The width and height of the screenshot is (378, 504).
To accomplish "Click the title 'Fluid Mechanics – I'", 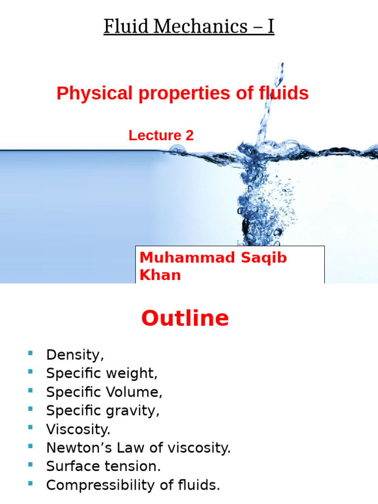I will pyautogui.click(x=189, y=27).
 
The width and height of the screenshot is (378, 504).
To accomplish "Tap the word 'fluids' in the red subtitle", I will pyautogui.click(x=285, y=93).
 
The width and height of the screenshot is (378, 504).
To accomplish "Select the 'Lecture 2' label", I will pyautogui.click(x=161, y=136).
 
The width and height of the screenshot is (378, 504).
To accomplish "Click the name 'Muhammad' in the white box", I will pyautogui.click(x=179, y=257).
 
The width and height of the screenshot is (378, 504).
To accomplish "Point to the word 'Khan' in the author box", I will pyautogui.click(x=160, y=275).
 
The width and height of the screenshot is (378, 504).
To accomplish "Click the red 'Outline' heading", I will pyautogui.click(x=185, y=318).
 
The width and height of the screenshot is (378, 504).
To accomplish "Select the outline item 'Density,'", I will pyautogui.click(x=75, y=355).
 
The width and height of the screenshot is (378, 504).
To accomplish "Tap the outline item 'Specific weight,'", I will pyautogui.click(x=102, y=374).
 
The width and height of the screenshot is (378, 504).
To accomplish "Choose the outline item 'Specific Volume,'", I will pyautogui.click(x=104, y=392).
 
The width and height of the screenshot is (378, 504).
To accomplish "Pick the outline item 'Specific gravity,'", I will pyautogui.click(x=103, y=411).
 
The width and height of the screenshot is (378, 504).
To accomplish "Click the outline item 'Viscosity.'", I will pyautogui.click(x=78, y=429).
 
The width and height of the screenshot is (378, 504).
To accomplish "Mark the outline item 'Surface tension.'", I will pyautogui.click(x=103, y=466).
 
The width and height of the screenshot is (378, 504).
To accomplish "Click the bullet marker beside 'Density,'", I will pyautogui.click(x=31, y=353).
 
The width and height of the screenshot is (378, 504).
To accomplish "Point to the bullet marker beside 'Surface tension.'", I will pyautogui.click(x=31, y=464).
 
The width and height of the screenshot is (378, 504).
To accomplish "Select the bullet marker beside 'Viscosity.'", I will pyautogui.click(x=31, y=427).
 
